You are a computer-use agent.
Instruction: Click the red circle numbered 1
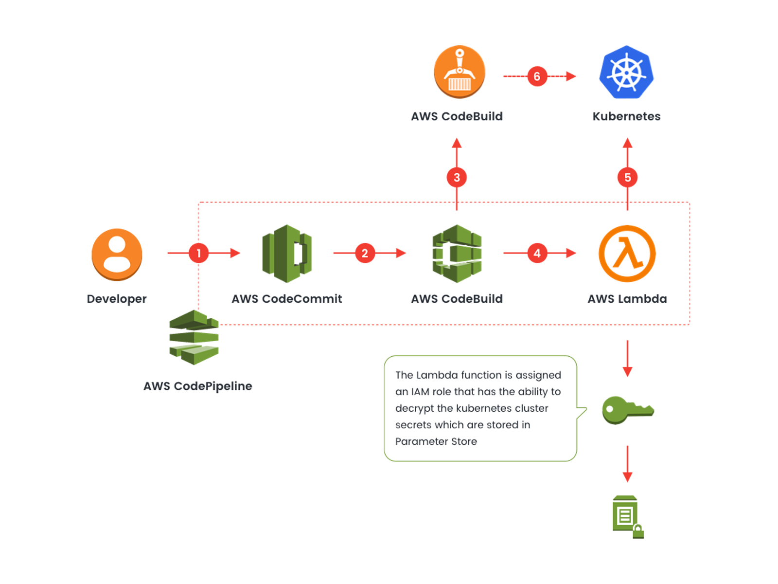[x=198, y=253]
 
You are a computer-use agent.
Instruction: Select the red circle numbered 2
[x=365, y=253]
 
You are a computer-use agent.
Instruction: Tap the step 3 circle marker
[x=457, y=178]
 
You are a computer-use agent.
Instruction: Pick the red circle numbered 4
[x=537, y=253]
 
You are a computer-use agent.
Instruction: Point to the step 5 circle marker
[x=627, y=178]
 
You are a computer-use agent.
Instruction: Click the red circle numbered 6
[x=537, y=76]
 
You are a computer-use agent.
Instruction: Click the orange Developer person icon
[x=117, y=254]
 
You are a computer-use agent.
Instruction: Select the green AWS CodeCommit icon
[x=287, y=254]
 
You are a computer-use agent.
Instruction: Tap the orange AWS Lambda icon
[x=627, y=254]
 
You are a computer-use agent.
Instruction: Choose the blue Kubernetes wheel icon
[x=626, y=73]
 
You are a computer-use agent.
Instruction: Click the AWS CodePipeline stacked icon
[x=194, y=337]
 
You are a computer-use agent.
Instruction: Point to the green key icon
[x=627, y=410]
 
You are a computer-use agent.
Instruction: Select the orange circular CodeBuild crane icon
[x=459, y=72]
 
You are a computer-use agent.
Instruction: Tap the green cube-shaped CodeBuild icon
[x=457, y=254]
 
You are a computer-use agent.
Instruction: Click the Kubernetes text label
[x=626, y=116]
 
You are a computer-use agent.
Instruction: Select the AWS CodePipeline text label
[x=197, y=386]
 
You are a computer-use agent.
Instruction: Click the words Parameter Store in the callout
[x=436, y=441]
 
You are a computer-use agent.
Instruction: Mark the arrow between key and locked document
[x=627, y=463]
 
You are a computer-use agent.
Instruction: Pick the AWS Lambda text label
[x=627, y=299]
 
